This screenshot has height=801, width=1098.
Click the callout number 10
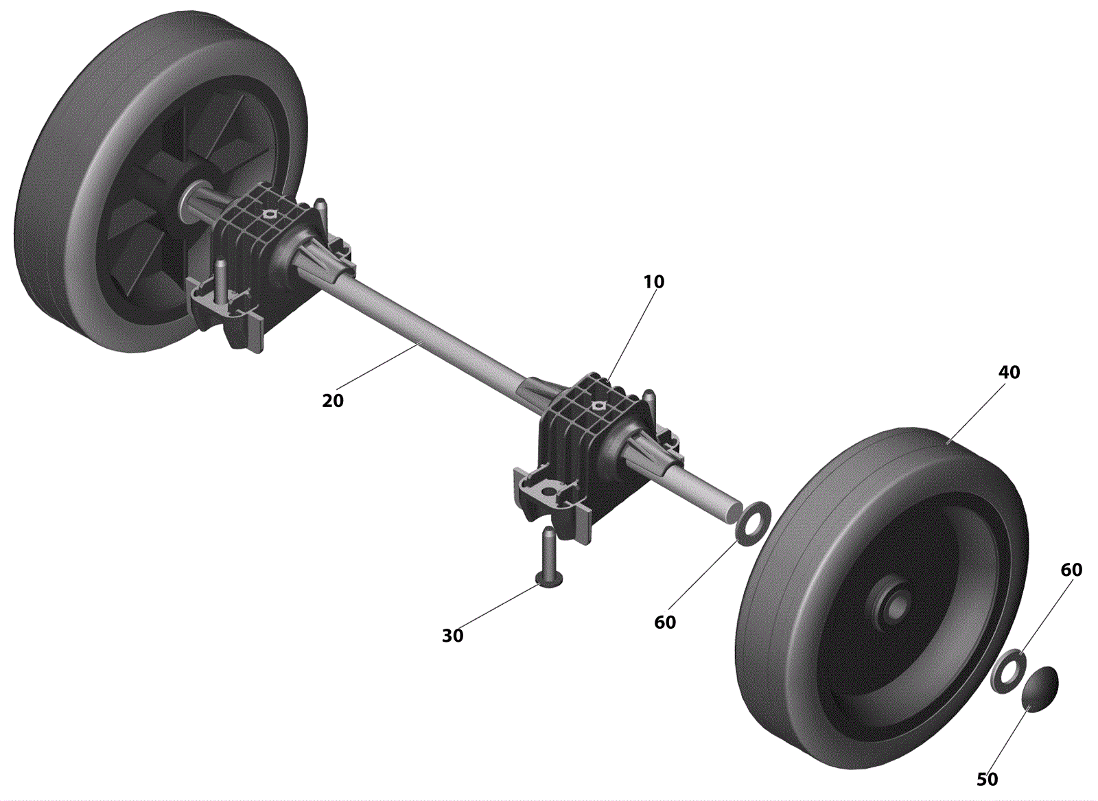pos(654,281)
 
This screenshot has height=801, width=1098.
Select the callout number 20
pos(333,401)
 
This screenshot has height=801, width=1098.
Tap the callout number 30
pos(452,636)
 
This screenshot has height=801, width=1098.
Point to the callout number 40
pos(1009,372)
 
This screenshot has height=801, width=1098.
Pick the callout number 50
pos(988,779)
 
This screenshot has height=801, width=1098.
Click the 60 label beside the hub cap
pos(1071,570)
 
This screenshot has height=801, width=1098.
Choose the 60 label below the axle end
pos(665,622)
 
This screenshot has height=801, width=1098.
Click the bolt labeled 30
pos(549,558)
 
